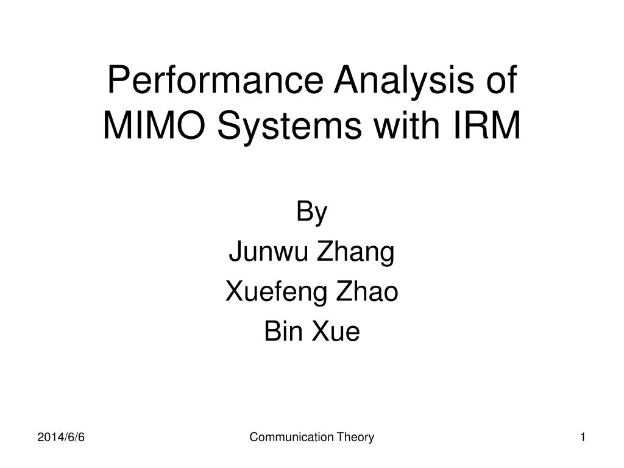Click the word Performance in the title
pos(215,80)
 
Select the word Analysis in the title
pos(404,81)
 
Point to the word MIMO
pos(154,125)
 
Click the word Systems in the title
pos(289,127)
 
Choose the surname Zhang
pos(355,253)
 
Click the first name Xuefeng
pos(275,292)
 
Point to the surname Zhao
pos(366,291)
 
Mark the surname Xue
pos(336,331)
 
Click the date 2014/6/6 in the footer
pos(61,438)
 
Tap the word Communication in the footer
pos(292,437)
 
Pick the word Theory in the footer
pos(355,438)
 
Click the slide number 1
pos(583,438)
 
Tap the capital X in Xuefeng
pos(235,291)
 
